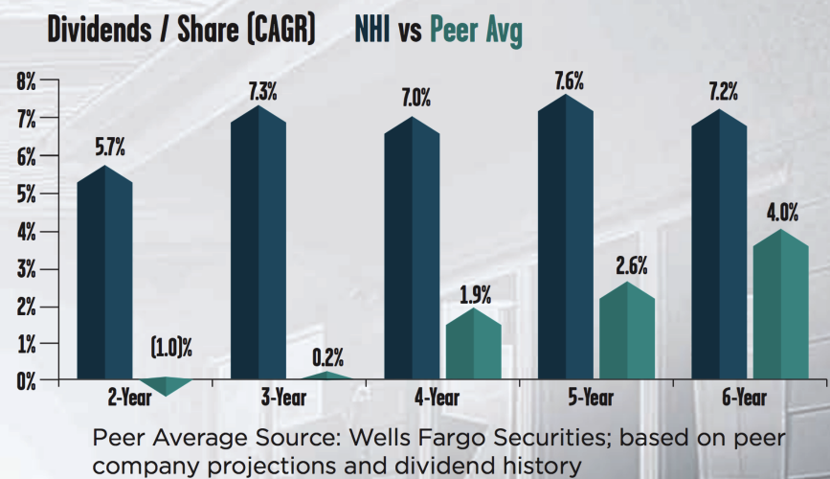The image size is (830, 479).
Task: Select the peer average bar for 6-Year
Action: pyautogui.click(x=781, y=307)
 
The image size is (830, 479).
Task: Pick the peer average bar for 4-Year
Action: pyautogui.click(x=474, y=345)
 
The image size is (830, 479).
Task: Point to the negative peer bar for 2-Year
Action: pyautogui.click(x=168, y=386)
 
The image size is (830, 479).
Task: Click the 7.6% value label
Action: pyautogui.click(x=569, y=80)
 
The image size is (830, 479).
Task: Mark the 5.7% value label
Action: pyautogui.click(x=107, y=148)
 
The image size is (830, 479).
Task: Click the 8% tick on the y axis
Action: pyautogui.click(x=25, y=82)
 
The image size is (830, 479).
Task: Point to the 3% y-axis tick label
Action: pyautogui.click(x=25, y=269)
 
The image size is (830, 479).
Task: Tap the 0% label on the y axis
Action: pyautogui.click(x=25, y=381)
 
